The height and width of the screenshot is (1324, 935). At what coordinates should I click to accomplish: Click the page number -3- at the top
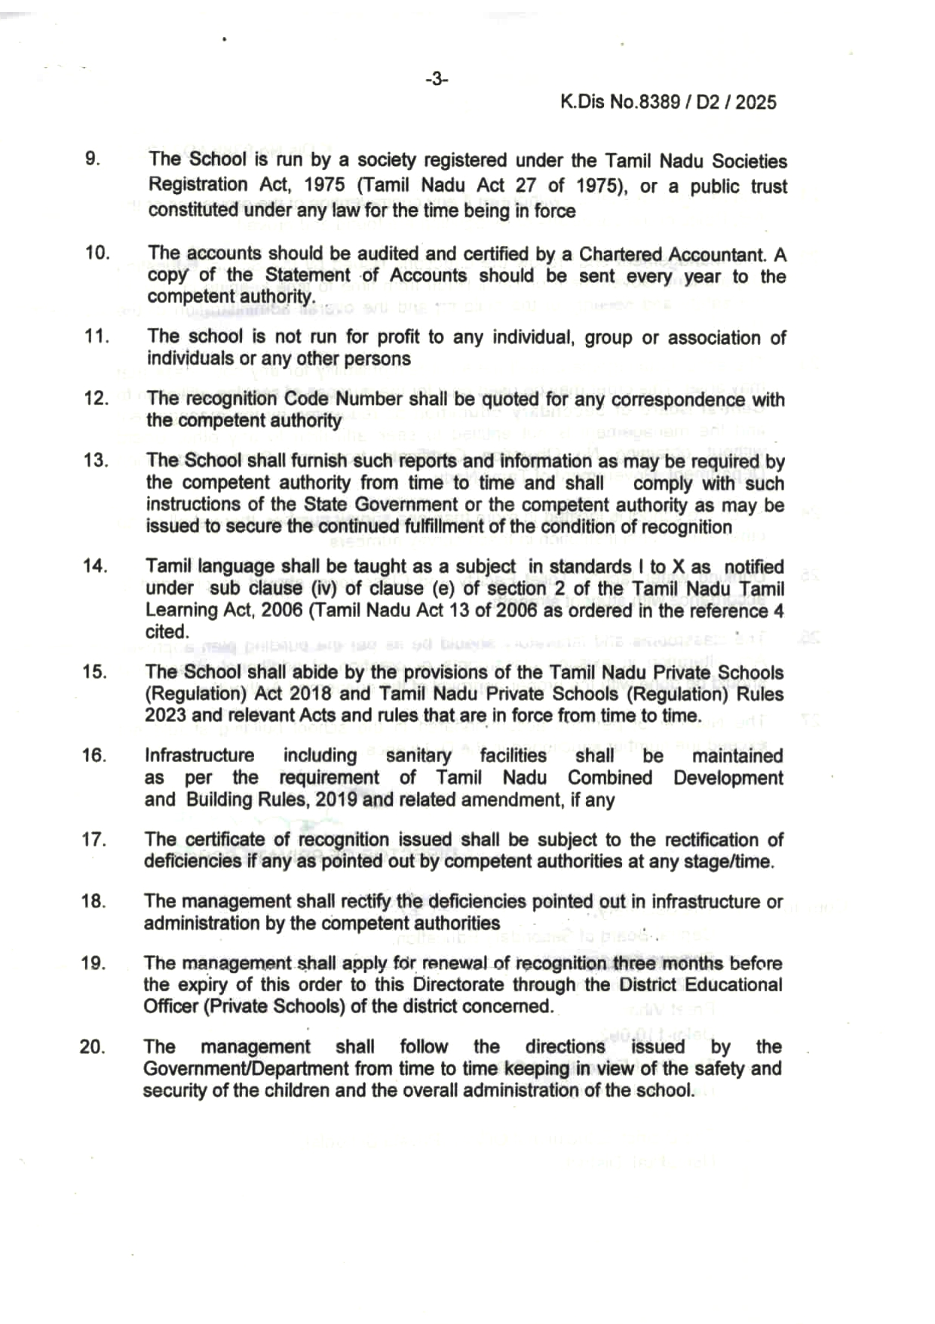pyautogui.click(x=437, y=78)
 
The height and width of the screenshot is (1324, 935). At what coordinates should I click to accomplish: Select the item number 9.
pyautogui.click(x=92, y=158)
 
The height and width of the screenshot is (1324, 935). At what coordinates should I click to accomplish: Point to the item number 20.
pyautogui.click(x=92, y=1046)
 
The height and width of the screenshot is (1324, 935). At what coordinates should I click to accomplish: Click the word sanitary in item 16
pyautogui.click(x=418, y=755)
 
